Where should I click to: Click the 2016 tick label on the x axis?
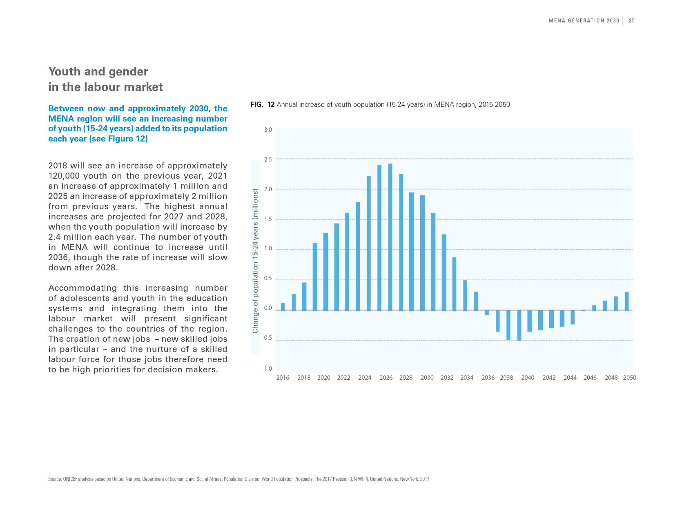pyautogui.click(x=283, y=378)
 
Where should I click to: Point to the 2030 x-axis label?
pyautogui.click(x=427, y=378)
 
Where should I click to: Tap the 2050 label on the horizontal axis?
pyautogui.click(x=629, y=378)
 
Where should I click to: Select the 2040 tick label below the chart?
pyautogui.click(x=528, y=378)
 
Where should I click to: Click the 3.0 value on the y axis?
pyautogui.click(x=267, y=130)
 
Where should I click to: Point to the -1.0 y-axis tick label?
pyautogui.click(x=267, y=369)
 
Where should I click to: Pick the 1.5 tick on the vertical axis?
pyautogui.click(x=267, y=219)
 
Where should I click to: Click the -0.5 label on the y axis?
pyautogui.click(x=267, y=338)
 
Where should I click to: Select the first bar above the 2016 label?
pyautogui.click(x=283, y=307)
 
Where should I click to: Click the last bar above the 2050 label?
pyautogui.click(x=626, y=301)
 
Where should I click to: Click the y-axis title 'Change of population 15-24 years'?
pyautogui.click(x=255, y=261)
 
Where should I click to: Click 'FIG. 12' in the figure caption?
pyautogui.click(x=262, y=105)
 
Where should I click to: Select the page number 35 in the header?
pyautogui.click(x=632, y=21)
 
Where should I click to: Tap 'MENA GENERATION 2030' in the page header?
pyautogui.click(x=584, y=21)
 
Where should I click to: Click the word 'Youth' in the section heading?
pyautogui.click(x=65, y=72)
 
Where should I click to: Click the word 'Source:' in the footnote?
pyautogui.click(x=55, y=479)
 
